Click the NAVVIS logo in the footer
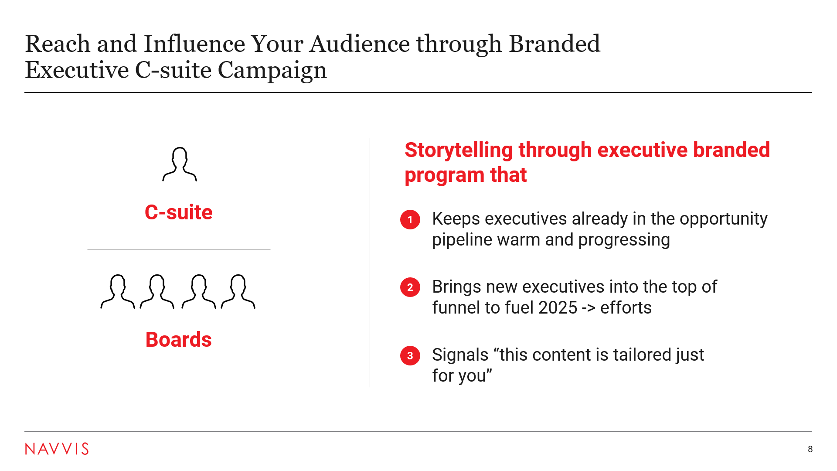point(57,449)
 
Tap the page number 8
point(810,449)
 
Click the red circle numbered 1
point(410,219)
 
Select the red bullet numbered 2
point(410,287)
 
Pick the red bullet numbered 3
point(410,355)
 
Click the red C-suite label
point(179,212)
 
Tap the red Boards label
point(179,340)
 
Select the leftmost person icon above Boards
point(118,291)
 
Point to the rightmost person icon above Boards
point(238,291)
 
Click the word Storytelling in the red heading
point(459,150)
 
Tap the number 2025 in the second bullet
point(558,308)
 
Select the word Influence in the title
point(194,44)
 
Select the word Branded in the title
point(555,44)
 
